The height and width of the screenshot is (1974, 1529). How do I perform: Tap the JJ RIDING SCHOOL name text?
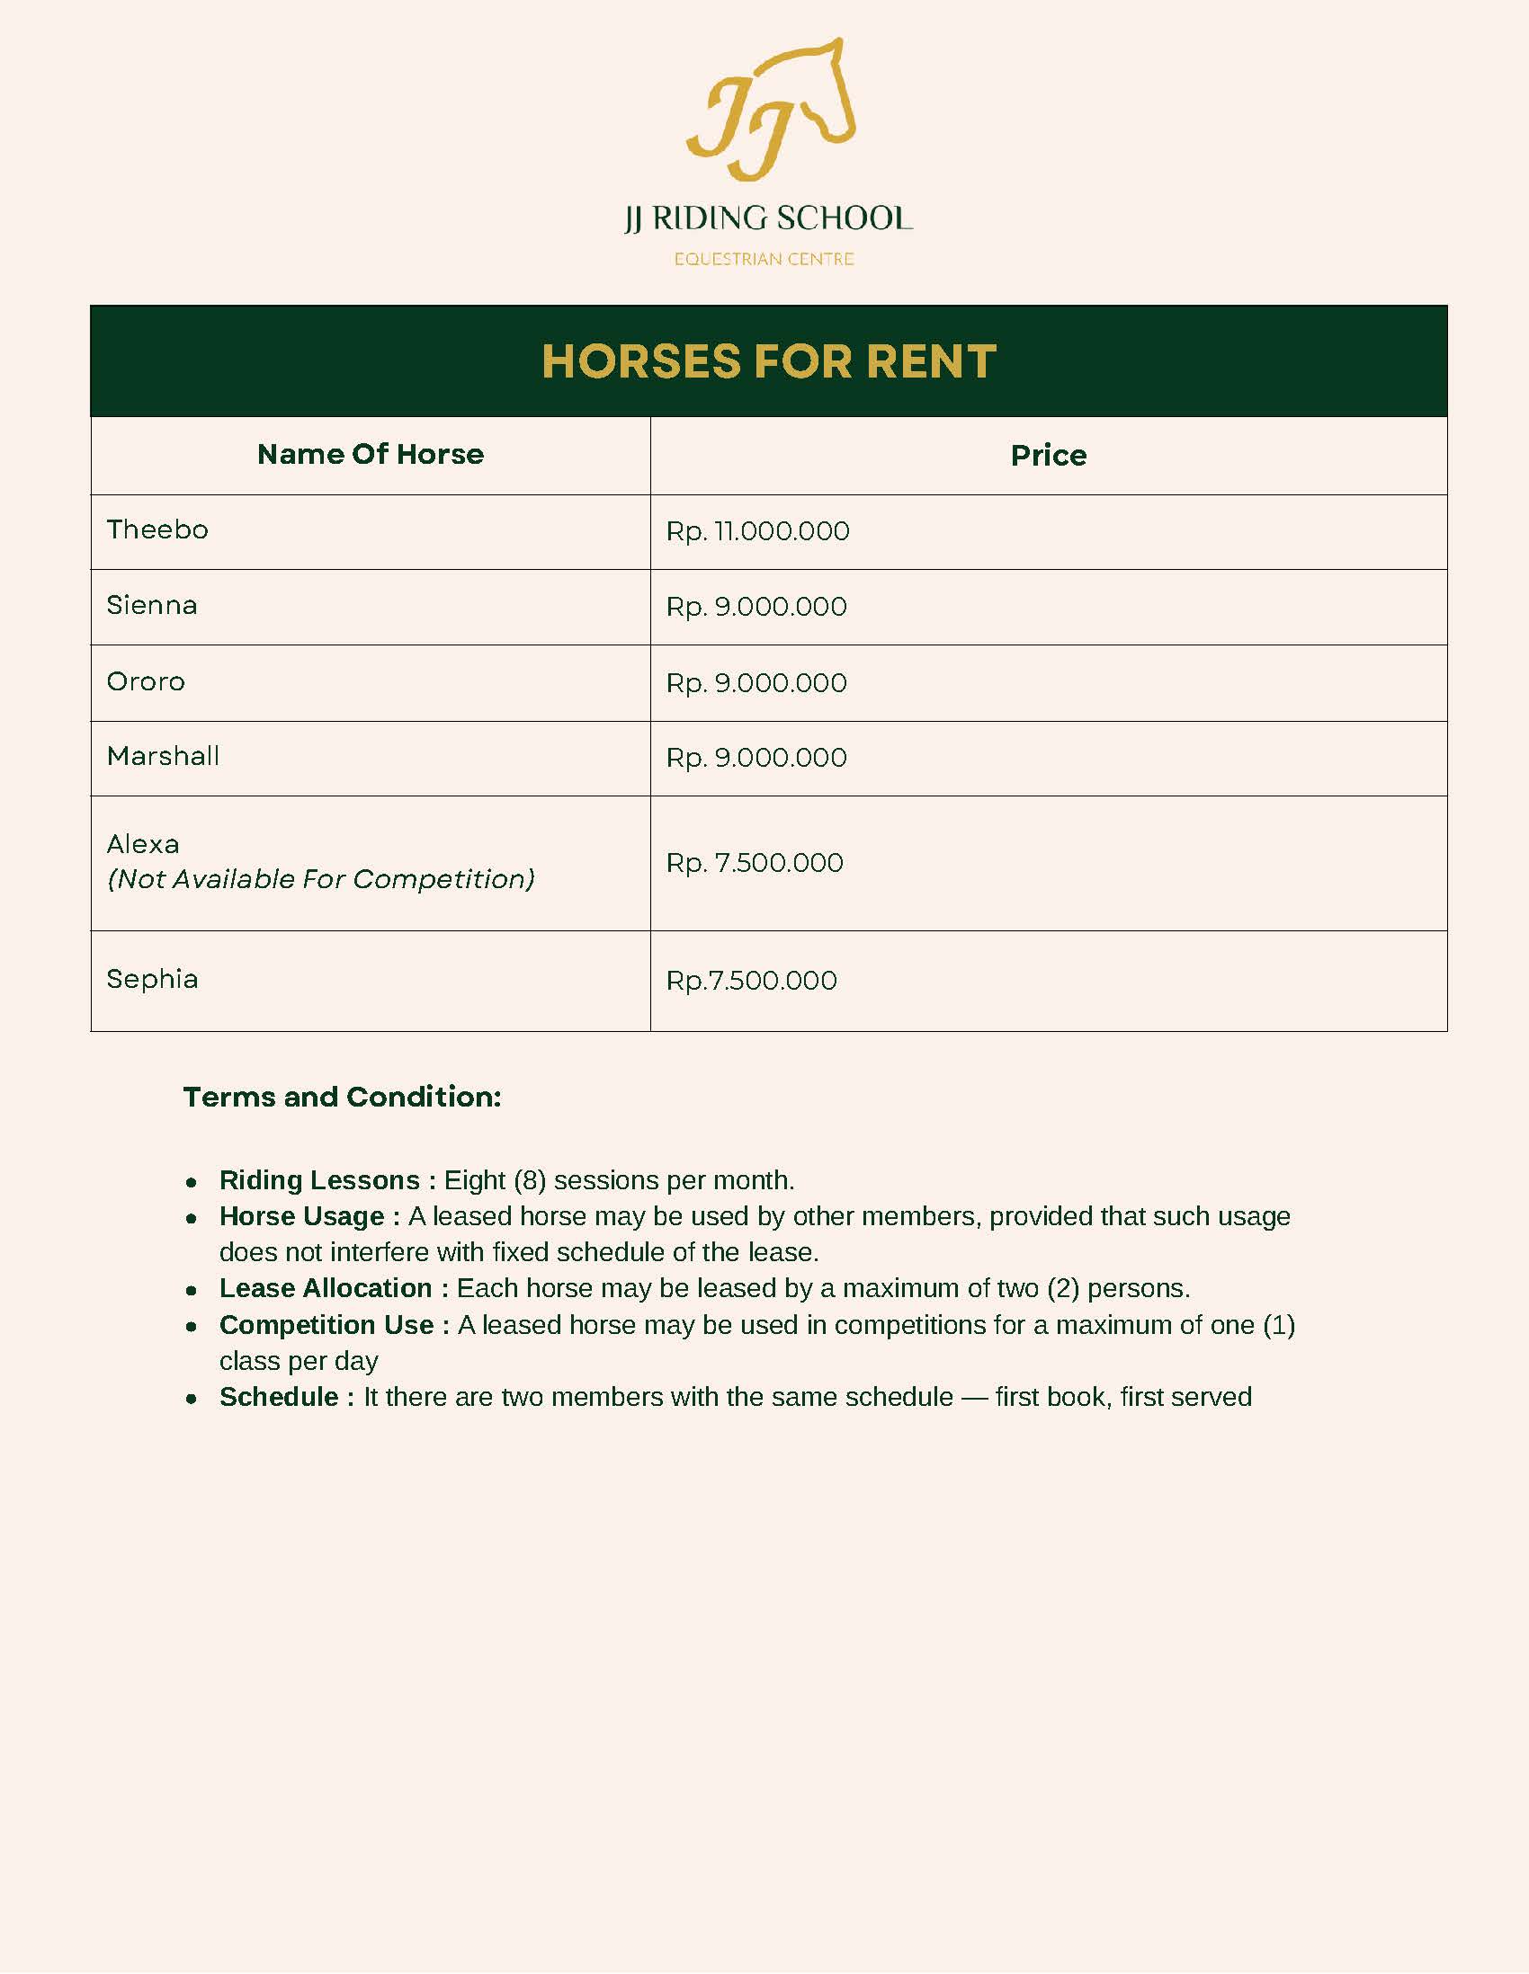[x=768, y=218]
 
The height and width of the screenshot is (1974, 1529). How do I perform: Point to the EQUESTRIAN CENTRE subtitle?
[x=764, y=260]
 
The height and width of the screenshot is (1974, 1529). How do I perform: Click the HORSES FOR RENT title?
[x=769, y=361]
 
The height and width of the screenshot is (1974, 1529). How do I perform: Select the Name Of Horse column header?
[x=370, y=454]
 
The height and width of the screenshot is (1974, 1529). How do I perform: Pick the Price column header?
[x=1048, y=455]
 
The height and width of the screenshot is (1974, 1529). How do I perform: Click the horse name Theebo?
[x=157, y=529]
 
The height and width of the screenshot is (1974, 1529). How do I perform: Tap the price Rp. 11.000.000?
[x=757, y=531]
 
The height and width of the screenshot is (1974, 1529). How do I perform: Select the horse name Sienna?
[x=152, y=605]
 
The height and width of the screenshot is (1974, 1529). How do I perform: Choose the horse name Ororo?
[x=146, y=681]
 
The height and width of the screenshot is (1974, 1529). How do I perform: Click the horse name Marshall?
[x=163, y=756]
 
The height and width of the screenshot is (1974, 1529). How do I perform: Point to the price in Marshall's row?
[x=756, y=758]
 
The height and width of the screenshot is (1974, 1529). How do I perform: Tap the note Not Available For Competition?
[x=321, y=878]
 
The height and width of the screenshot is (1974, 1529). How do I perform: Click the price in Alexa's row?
[x=754, y=862]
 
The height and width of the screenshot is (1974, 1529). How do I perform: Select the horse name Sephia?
[x=152, y=979]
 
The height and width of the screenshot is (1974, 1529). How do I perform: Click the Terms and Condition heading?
[x=342, y=1097]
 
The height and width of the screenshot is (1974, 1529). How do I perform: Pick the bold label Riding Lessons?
[x=319, y=1180]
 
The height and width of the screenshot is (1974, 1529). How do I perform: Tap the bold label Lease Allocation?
[x=326, y=1288]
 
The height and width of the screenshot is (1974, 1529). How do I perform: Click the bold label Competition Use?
[x=326, y=1325]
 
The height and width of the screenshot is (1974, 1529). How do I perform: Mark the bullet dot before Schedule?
[x=191, y=1399]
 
